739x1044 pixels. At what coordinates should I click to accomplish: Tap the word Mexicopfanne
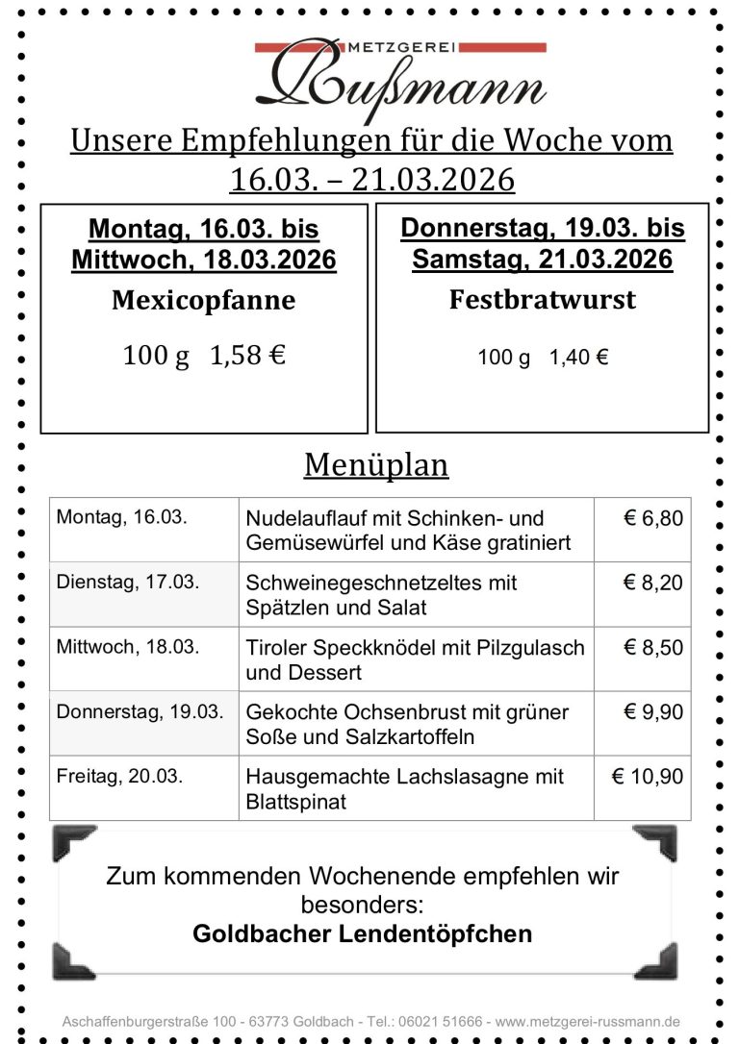click(x=204, y=301)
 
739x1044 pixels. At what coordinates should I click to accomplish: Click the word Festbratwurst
click(x=543, y=300)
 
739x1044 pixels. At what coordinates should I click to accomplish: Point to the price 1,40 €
click(x=578, y=358)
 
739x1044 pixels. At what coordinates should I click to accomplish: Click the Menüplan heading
click(x=376, y=465)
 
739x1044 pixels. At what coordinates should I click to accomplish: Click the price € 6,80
click(x=653, y=518)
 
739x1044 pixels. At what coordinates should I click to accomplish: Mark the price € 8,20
click(x=653, y=583)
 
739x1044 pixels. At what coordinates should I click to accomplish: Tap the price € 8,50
click(x=653, y=647)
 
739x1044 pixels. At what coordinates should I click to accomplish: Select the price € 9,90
click(x=653, y=712)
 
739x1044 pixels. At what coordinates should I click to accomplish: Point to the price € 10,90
click(x=648, y=777)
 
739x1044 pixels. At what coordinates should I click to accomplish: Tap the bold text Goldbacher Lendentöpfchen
click(x=363, y=933)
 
